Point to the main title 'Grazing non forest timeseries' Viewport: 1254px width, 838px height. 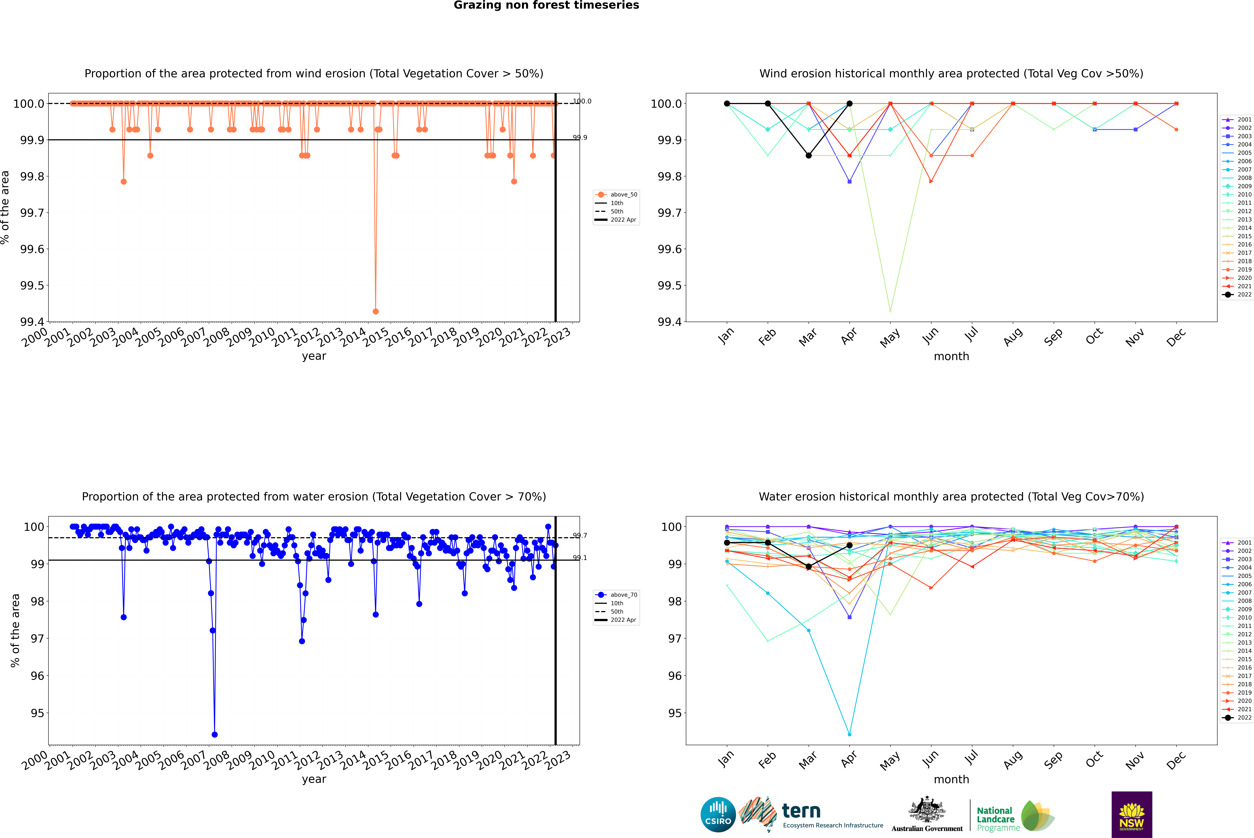pyautogui.click(x=546, y=5)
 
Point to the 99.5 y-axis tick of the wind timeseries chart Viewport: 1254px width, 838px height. pyautogui.click(x=32, y=285)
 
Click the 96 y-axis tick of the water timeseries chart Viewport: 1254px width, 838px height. pyautogui.click(x=37, y=676)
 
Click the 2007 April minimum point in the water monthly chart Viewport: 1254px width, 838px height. pyautogui.click(x=849, y=734)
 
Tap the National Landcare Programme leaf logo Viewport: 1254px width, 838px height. pyautogui.click(x=1037, y=816)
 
